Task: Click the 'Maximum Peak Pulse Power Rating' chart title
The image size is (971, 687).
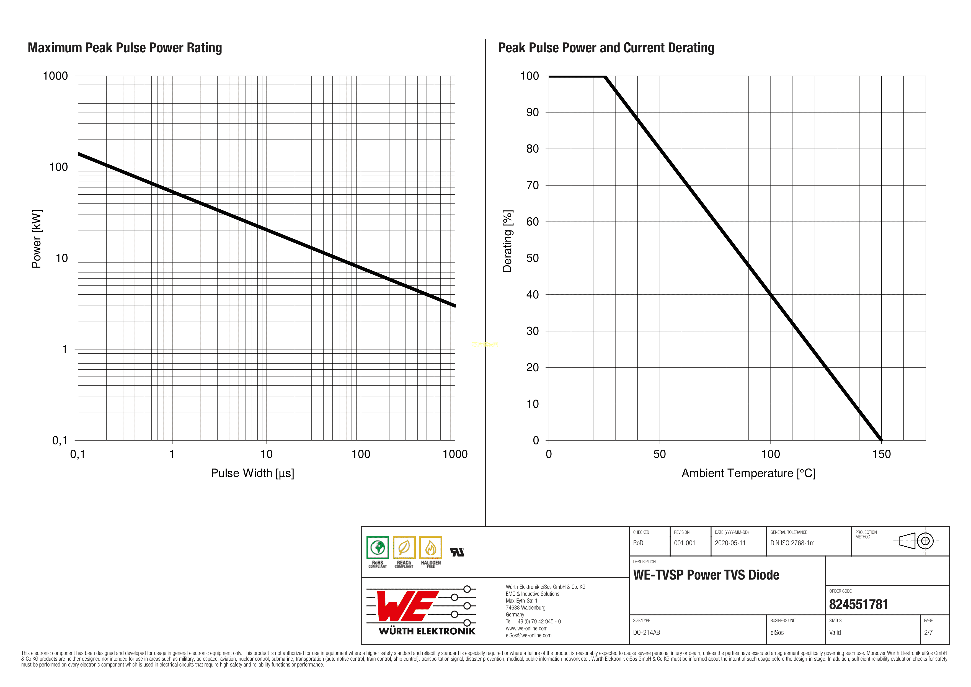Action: click(125, 48)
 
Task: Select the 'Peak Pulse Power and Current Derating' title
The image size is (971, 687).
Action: click(606, 48)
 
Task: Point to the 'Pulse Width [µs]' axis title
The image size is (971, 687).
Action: click(252, 473)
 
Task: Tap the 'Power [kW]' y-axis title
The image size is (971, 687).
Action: click(37, 239)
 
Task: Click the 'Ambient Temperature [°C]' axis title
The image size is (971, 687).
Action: click(748, 473)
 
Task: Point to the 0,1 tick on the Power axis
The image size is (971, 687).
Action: click(60, 440)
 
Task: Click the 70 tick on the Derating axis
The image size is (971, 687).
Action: click(533, 185)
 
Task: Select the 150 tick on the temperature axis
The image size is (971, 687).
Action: click(881, 454)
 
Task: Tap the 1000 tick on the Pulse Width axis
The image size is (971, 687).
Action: click(455, 454)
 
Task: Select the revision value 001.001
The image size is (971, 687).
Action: click(684, 543)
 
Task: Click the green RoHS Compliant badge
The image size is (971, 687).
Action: click(378, 552)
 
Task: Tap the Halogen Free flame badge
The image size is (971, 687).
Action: click(430, 552)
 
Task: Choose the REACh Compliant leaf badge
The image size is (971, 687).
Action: click(404, 552)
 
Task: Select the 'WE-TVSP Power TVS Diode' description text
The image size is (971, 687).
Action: click(706, 575)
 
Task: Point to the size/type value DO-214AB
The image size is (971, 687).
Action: click(646, 632)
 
